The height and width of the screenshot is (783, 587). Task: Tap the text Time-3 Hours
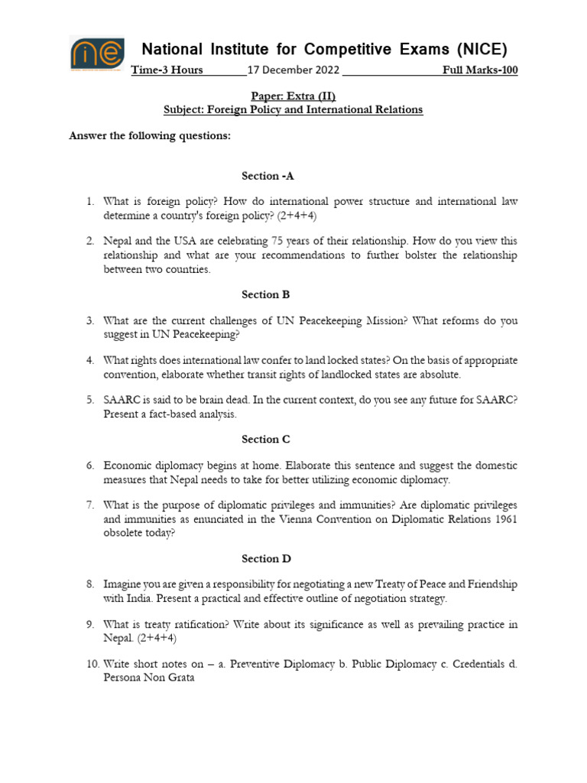(x=167, y=70)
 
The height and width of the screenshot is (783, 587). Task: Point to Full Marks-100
(x=480, y=70)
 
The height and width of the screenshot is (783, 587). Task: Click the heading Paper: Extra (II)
(x=293, y=96)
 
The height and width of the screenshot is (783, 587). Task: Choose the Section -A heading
(x=268, y=176)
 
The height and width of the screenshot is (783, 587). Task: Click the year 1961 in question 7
(x=504, y=520)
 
